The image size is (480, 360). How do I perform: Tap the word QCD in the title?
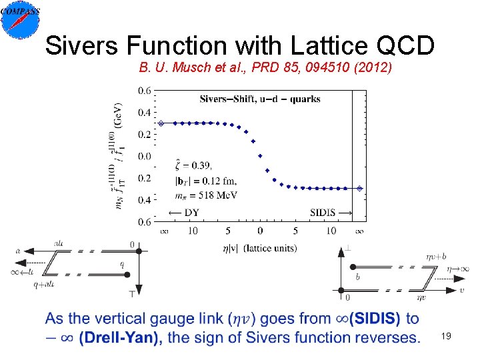407,46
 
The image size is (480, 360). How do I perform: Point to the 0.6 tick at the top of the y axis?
143,91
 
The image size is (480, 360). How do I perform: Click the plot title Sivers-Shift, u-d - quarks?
260,99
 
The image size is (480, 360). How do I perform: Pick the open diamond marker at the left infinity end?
161,123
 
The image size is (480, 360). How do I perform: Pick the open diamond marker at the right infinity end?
360,189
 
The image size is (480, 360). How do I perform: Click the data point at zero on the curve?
260,156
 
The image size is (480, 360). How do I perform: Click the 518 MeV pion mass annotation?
206,194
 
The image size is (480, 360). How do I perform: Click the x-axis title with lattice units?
260,248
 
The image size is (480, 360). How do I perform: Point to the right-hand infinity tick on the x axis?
360,231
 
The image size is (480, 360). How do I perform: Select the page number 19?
446,337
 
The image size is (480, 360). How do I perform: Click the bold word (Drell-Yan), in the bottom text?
121,337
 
